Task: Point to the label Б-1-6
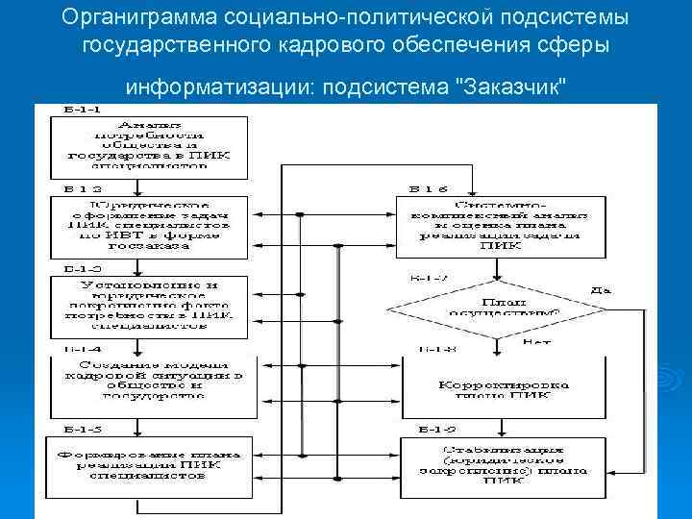point(429,188)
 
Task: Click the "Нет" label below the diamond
point(535,341)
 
